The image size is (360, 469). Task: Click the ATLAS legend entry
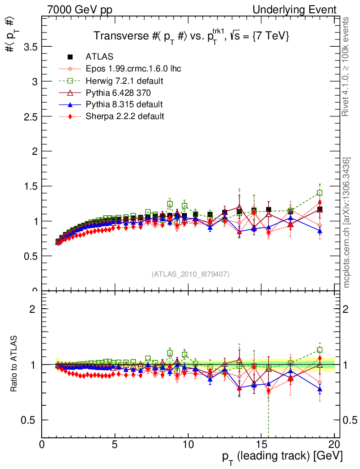pyautogui.click(x=99, y=57)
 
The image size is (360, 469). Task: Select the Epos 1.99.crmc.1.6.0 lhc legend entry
pyautogui.click(x=133, y=69)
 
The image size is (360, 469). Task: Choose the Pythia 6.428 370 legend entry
pyautogui.click(x=120, y=93)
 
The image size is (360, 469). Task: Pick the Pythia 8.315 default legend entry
pyautogui.click(x=124, y=104)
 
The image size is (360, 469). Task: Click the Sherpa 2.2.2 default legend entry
pyautogui.click(x=125, y=116)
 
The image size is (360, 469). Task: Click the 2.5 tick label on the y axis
pyautogui.click(x=28, y=116)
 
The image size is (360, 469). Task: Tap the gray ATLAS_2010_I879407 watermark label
pyautogui.click(x=191, y=274)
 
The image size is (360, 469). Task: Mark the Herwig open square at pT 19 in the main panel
pyautogui.click(x=320, y=193)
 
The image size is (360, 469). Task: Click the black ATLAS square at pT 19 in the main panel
pyautogui.click(x=320, y=209)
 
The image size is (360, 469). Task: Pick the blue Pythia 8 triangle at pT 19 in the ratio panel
pyautogui.click(x=320, y=389)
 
